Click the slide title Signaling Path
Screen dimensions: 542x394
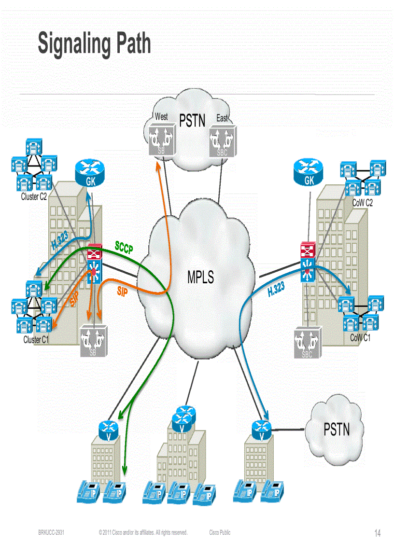95,44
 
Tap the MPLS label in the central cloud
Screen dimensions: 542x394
200,278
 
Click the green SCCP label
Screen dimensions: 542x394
124,246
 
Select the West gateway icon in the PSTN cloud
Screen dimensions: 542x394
161,140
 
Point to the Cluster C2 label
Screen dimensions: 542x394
34,196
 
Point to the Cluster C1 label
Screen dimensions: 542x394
36,340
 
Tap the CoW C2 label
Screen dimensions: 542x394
362,203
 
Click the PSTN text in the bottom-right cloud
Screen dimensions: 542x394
337,429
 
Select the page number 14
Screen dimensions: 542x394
378,533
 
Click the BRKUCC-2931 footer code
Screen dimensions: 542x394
51,532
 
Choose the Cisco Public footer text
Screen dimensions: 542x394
220,532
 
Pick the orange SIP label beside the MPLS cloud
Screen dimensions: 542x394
122,292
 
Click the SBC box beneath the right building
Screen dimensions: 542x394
307,344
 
